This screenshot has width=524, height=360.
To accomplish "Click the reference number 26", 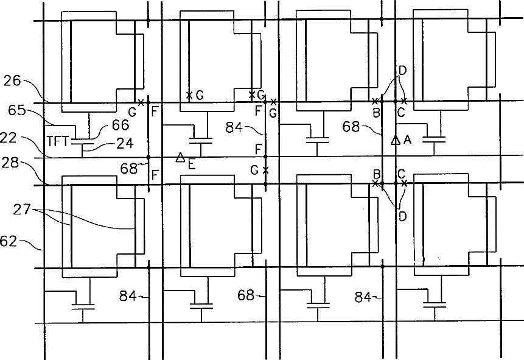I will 13,80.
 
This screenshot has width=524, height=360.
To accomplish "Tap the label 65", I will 17,110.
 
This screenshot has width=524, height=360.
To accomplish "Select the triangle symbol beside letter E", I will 180,158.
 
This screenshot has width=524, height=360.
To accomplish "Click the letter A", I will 407,139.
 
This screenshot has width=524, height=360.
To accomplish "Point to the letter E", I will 191,163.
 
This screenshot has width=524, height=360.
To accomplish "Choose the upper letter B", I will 377,113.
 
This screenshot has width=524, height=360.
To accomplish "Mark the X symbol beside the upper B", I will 375,101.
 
